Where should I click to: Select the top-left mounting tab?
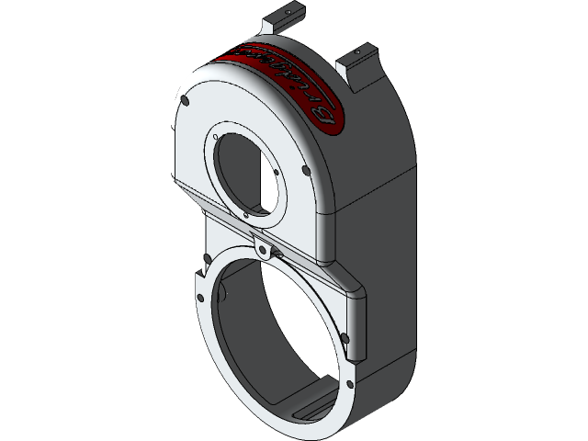point(283,17)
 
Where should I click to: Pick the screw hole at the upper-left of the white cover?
point(187,100)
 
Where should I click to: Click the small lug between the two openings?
point(265,249)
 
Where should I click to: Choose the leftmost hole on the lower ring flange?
point(195,296)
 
